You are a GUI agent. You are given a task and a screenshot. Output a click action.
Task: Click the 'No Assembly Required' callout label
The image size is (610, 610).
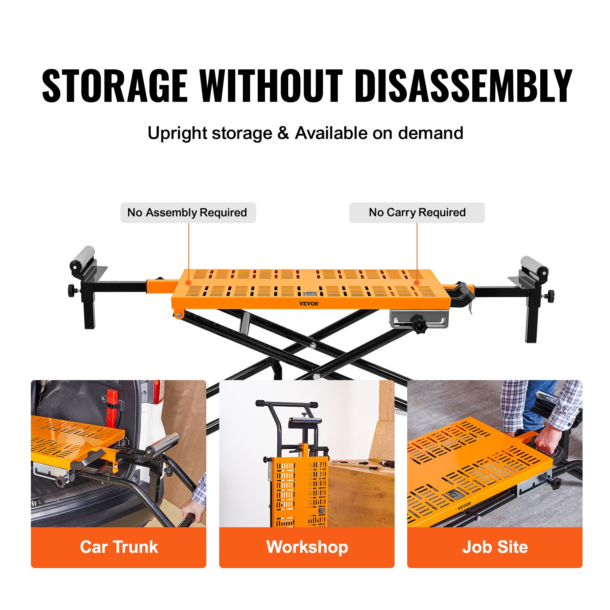pyautogui.click(x=188, y=213)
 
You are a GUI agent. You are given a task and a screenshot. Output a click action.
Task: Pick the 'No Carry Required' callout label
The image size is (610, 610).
pyautogui.click(x=417, y=213)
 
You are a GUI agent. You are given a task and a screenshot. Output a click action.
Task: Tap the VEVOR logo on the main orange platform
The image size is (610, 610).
pyautogui.click(x=308, y=304)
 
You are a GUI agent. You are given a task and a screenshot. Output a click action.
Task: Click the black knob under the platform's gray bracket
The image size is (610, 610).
pyautogui.click(x=420, y=326)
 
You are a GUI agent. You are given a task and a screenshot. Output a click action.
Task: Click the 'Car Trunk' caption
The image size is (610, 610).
pyautogui.click(x=119, y=547)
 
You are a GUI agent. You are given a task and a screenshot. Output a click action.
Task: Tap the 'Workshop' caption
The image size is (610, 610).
pyautogui.click(x=307, y=547)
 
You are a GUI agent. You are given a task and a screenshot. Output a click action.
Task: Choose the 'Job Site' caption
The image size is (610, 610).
pyautogui.click(x=495, y=547)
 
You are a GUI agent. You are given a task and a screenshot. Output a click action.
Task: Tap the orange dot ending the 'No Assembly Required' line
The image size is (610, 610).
pyautogui.click(x=188, y=283)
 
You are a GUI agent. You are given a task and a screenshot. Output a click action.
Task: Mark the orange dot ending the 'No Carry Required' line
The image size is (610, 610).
pyautogui.click(x=417, y=283)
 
